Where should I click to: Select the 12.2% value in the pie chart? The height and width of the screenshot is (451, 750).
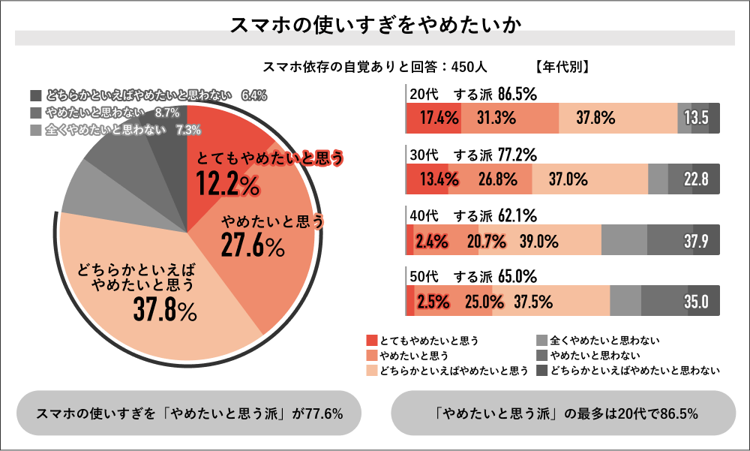click(227, 182)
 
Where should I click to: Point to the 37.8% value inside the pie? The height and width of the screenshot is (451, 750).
click(165, 308)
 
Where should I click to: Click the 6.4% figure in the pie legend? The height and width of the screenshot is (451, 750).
click(254, 95)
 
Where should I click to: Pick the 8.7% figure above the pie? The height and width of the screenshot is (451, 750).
click(166, 113)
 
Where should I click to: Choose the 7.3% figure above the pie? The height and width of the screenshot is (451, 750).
click(187, 130)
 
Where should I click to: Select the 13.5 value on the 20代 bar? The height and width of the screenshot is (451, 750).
click(696, 118)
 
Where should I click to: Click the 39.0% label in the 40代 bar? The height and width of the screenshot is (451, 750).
click(539, 241)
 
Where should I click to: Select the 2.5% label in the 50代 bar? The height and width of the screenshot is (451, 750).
click(433, 302)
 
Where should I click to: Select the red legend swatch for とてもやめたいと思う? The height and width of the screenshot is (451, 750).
click(372, 340)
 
